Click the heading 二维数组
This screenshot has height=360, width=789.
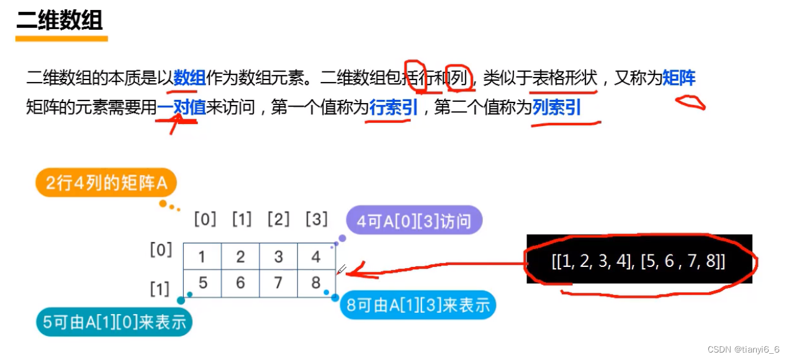point(60,20)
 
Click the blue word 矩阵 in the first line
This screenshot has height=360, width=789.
point(679,78)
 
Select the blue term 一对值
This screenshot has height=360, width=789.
point(181,108)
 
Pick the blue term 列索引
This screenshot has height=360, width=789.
point(556,108)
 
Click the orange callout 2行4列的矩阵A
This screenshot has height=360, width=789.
point(106,184)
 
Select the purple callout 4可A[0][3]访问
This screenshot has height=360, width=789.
point(415,221)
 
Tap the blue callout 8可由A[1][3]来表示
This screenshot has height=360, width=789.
point(418,305)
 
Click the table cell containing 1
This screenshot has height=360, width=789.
point(202,256)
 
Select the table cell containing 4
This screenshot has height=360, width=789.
point(316,256)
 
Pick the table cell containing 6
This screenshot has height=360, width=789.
point(240,283)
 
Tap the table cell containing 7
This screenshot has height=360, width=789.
point(278,283)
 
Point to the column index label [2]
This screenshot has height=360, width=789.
point(279,219)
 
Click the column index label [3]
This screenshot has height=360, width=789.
point(317,219)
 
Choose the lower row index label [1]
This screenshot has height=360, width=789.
point(160,289)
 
